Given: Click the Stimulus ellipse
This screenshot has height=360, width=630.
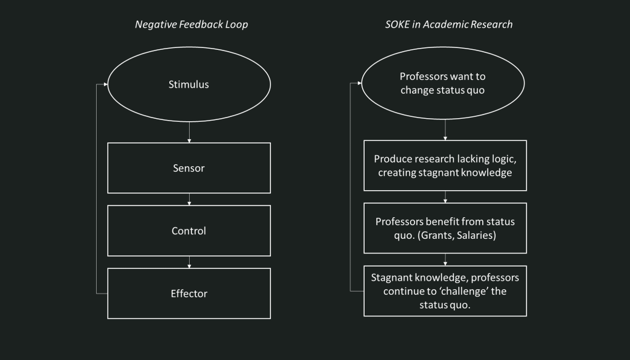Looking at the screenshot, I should [x=188, y=84].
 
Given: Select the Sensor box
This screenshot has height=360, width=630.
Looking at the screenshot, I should [x=188, y=167].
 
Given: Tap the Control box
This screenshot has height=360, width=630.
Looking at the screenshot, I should [x=188, y=231].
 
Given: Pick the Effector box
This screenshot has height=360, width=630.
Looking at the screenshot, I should [x=188, y=293].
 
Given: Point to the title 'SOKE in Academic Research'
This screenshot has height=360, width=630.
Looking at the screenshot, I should [x=445, y=25].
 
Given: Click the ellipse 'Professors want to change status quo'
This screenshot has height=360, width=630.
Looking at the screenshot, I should [x=445, y=84].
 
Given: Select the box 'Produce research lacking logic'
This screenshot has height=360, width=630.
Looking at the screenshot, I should [x=445, y=166].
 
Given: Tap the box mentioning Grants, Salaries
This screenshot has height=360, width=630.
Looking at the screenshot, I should [x=445, y=228].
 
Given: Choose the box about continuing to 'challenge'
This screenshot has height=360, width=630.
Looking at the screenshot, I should [x=445, y=290].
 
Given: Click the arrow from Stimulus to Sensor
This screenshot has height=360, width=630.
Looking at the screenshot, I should [x=189, y=132].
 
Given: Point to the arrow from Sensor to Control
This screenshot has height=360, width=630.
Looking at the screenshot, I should [x=189, y=199].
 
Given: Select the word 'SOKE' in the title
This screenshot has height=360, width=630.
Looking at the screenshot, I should [x=389, y=25].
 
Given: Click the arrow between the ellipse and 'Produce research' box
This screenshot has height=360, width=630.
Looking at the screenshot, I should [x=445, y=130].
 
